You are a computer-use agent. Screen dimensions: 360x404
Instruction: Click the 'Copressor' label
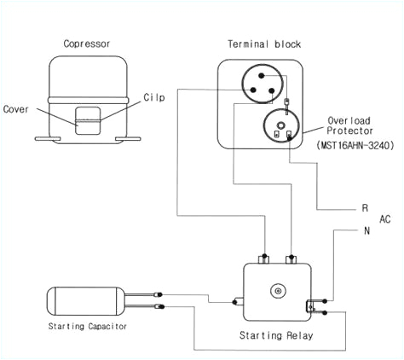pyautogui.click(x=85, y=44)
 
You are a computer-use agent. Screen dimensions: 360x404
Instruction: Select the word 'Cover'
pyautogui.click(x=16, y=109)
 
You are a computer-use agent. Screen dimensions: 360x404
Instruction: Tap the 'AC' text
pyautogui.click(x=384, y=219)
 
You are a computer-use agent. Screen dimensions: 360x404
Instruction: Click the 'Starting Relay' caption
pyautogui.click(x=276, y=335)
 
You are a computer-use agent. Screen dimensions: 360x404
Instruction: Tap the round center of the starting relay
pyautogui.click(x=276, y=292)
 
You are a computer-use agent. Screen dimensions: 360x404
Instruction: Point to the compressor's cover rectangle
pyautogui.click(x=85, y=120)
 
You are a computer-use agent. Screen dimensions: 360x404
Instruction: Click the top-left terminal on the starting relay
pyautogui.click(x=264, y=256)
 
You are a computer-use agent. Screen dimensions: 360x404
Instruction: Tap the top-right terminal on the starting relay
pyautogui.click(x=292, y=256)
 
